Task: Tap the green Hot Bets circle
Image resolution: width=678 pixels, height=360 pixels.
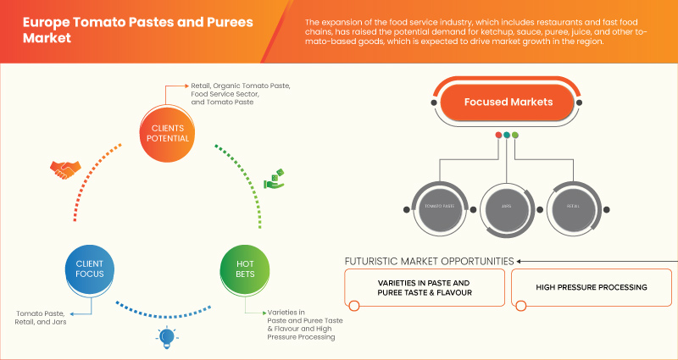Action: (245, 269)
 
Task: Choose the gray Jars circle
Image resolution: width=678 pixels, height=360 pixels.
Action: (507, 207)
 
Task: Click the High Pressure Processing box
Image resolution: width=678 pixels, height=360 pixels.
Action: (591, 288)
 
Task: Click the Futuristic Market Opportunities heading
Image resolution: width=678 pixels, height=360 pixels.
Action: (428, 260)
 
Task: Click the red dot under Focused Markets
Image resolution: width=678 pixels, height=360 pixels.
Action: (498, 135)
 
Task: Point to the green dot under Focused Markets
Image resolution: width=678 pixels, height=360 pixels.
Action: (515, 135)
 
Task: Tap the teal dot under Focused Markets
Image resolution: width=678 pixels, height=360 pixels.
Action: (507, 135)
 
